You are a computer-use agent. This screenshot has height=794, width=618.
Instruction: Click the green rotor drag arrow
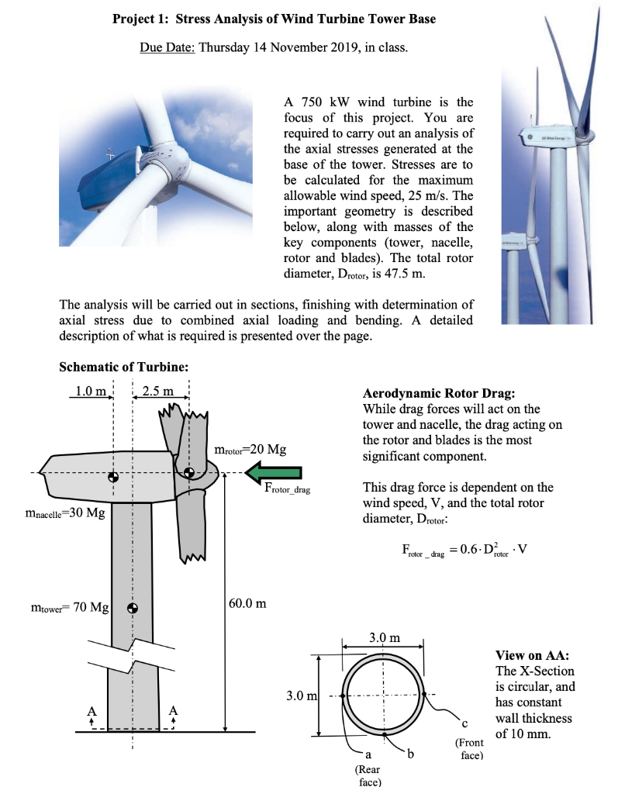(274, 471)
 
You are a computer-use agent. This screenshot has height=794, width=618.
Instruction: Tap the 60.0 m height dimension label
(248, 602)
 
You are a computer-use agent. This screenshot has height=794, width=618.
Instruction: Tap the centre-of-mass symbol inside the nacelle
(113, 476)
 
